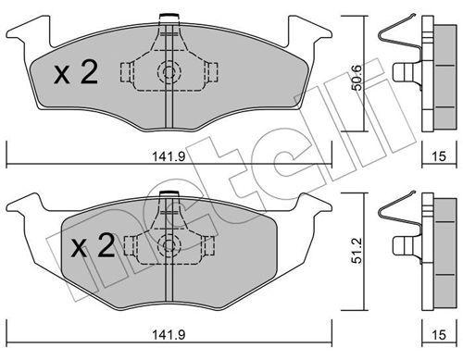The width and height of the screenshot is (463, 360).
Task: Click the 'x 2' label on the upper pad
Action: (x=76, y=74)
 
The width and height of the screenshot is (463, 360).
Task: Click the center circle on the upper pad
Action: (x=169, y=74)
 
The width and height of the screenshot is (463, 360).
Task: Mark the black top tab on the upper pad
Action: (x=169, y=15)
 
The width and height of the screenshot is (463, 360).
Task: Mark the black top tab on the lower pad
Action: (x=169, y=193)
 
